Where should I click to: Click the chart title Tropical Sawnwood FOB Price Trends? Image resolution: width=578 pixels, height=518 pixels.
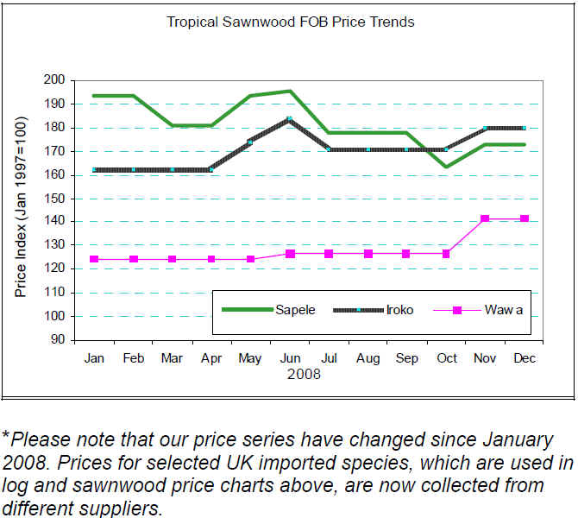pyautogui.click(x=290, y=22)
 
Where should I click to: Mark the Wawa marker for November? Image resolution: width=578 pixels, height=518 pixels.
pyautogui.click(x=485, y=218)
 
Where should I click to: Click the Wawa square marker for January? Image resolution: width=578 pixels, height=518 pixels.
pyautogui.click(x=93, y=259)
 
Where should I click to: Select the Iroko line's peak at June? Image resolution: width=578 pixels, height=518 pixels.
pyautogui.click(x=290, y=118)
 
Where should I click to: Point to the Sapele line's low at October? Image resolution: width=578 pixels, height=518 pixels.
pyautogui.click(x=446, y=167)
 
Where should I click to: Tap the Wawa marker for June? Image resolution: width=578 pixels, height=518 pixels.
pyautogui.click(x=290, y=254)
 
